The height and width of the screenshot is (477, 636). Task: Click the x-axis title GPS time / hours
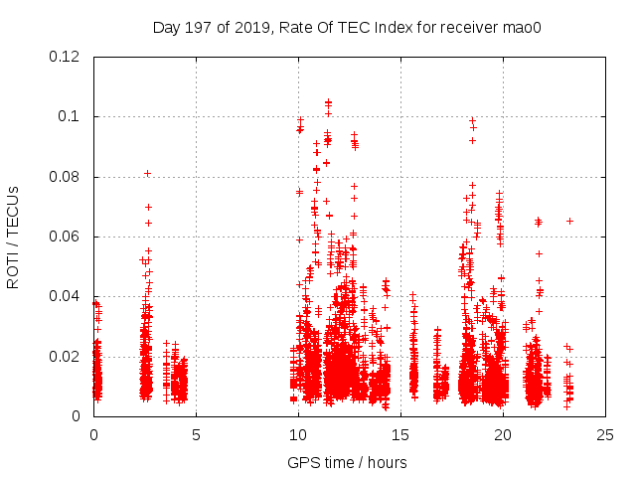[347, 462]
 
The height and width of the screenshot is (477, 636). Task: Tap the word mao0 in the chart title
[504, 28]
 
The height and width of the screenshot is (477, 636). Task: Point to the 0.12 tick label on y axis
[66, 57]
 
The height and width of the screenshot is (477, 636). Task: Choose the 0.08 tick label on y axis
[66, 177]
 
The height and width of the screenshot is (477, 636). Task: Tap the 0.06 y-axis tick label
[66, 237]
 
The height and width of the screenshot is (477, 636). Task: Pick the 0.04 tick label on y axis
[66, 296]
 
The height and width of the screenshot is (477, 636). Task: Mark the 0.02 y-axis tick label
[66, 357]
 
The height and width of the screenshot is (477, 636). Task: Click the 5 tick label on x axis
[196, 434]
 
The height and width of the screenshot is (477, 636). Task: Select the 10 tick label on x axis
[298, 434]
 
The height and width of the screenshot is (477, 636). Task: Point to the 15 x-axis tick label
[400, 434]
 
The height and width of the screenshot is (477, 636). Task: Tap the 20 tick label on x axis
[503, 434]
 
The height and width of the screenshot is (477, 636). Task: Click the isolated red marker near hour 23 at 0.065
[569, 221]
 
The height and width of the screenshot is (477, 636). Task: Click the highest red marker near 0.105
[328, 101]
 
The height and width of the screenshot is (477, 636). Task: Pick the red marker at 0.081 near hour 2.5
[147, 173]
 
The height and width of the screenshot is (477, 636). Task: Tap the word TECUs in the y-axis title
[13, 210]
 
